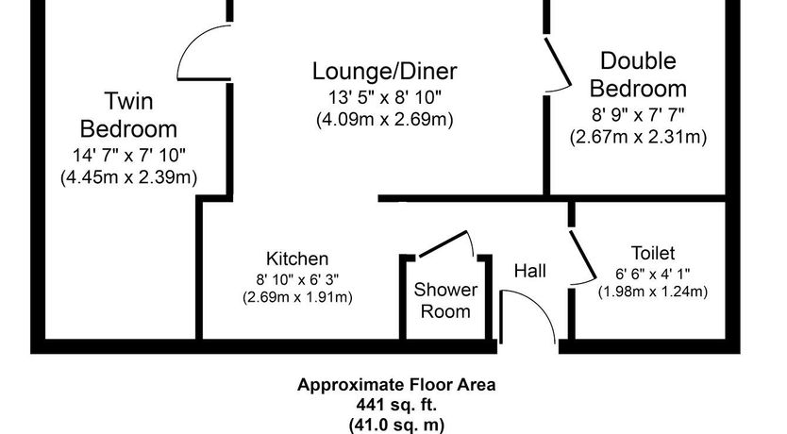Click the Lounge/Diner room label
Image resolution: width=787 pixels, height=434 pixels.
(384, 72)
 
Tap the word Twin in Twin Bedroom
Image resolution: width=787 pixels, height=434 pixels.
(128, 101)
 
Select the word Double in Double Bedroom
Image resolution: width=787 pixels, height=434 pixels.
(639, 60)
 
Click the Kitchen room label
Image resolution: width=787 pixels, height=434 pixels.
(297, 259)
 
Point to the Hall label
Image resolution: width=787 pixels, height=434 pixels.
(530, 272)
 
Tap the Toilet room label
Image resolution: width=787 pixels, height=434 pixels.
(652, 254)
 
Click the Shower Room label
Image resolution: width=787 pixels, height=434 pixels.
(445, 301)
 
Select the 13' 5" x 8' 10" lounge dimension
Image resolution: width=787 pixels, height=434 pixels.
(385, 97)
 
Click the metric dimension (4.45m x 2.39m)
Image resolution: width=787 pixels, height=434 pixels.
(129, 177)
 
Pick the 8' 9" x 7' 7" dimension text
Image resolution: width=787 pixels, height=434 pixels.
(639, 115)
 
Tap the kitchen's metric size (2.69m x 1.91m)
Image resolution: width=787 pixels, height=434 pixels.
(297, 297)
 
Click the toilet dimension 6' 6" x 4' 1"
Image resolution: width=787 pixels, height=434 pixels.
(652, 274)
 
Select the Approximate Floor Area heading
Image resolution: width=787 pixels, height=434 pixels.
(396, 385)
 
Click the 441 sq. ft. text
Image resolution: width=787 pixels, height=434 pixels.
(396, 404)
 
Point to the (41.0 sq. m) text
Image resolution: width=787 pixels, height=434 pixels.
(396, 425)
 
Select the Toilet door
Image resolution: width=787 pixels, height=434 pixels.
(582, 255)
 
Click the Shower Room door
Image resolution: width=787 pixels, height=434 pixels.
(444, 243)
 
